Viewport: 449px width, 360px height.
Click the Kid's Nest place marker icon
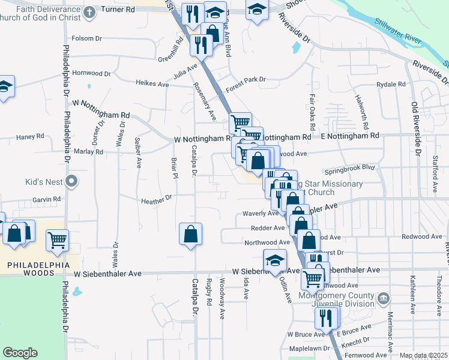(72, 181)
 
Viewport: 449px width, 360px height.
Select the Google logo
(20, 353)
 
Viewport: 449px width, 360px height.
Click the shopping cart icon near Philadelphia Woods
(58, 240)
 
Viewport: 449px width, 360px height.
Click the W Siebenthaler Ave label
(107, 273)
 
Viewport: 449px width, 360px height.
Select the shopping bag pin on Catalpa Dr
(190, 234)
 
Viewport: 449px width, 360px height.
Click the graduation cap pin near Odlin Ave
(274, 261)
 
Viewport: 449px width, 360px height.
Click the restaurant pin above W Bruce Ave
(326, 316)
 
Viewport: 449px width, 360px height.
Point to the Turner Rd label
(117, 10)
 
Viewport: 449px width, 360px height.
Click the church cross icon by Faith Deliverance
(89, 12)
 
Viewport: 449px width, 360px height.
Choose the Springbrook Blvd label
(349, 168)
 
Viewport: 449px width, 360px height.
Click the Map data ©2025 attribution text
(423, 355)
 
